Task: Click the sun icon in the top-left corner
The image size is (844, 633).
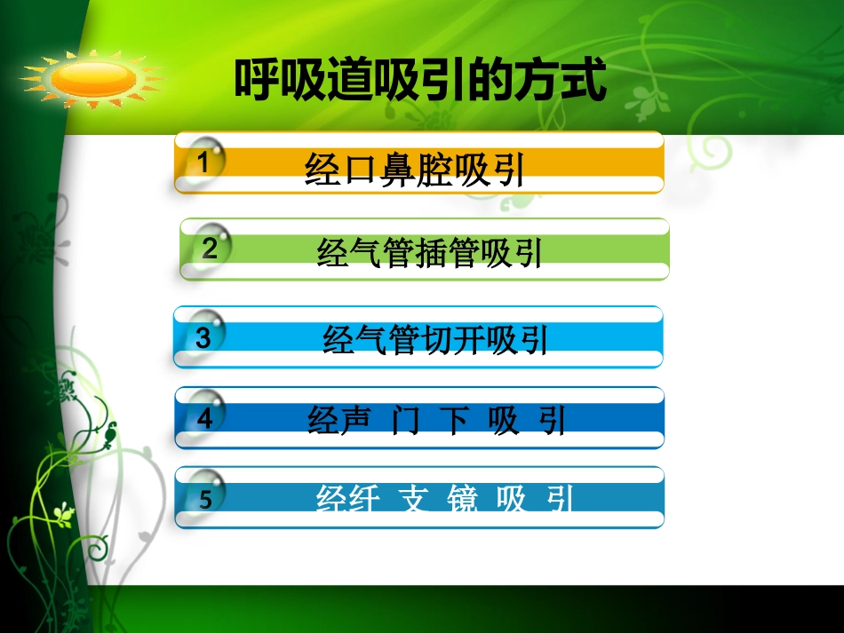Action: (92, 78)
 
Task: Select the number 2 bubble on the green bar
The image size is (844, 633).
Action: (211, 248)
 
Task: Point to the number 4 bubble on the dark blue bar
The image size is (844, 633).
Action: (205, 417)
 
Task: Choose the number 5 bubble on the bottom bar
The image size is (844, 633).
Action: (205, 498)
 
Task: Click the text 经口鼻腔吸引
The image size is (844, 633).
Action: (414, 170)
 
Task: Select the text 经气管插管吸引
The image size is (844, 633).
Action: (429, 254)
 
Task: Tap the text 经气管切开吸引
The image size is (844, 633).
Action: (435, 340)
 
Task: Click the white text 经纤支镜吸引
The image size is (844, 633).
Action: (445, 500)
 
